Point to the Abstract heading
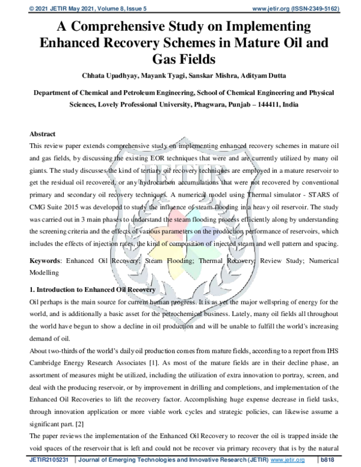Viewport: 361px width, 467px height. point(43,134)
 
